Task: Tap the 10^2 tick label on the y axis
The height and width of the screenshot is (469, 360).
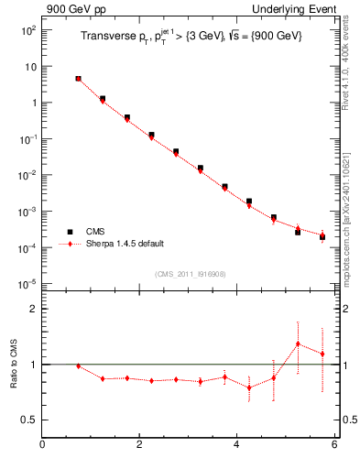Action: [x=27, y=30]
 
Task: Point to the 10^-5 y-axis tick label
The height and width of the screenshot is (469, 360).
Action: [x=27, y=284]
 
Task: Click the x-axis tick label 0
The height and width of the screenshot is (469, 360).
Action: [x=42, y=446]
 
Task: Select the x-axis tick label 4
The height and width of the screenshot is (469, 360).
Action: [x=236, y=446]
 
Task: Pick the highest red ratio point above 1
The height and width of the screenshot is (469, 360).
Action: [x=298, y=344]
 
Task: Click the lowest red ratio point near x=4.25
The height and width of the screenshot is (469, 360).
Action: [x=249, y=387]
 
